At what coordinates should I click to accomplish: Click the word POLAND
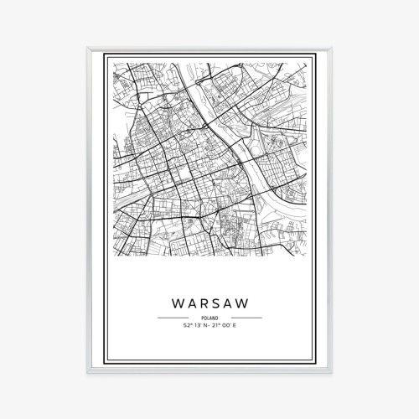pos(209,318)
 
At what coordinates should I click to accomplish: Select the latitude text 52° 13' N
pos(194,326)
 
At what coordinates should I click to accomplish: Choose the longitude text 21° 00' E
pos(225,326)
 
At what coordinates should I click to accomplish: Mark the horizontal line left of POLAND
pos(172,318)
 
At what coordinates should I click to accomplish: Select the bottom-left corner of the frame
pos(88,371)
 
